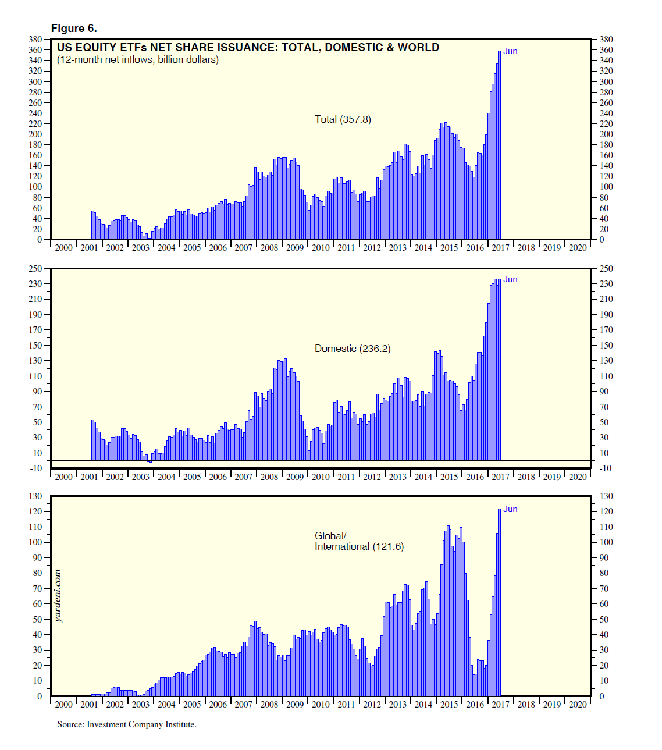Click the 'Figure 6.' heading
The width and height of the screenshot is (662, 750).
(74, 29)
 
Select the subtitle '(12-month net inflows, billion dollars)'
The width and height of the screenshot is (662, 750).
(138, 60)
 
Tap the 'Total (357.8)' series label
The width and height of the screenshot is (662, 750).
(343, 119)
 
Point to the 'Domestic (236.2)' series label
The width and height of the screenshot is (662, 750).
(353, 349)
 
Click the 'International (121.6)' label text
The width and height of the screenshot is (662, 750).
(359, 546)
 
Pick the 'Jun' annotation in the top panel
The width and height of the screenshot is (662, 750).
(510, 51)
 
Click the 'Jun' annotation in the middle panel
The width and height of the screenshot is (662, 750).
(510, 279)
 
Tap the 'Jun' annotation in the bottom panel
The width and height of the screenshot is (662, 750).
(510, 509)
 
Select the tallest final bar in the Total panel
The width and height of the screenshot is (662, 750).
(499, 145)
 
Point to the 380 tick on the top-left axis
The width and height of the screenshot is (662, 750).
(35, 40)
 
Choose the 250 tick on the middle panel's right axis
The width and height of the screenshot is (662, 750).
(606, 269)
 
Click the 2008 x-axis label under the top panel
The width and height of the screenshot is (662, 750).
(269, 248)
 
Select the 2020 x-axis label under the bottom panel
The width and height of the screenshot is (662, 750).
(578, 705)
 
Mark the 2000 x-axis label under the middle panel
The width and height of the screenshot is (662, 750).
(63, 477)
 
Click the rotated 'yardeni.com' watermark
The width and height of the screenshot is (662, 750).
(58, 596)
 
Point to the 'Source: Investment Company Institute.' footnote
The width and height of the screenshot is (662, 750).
(127, 724)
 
